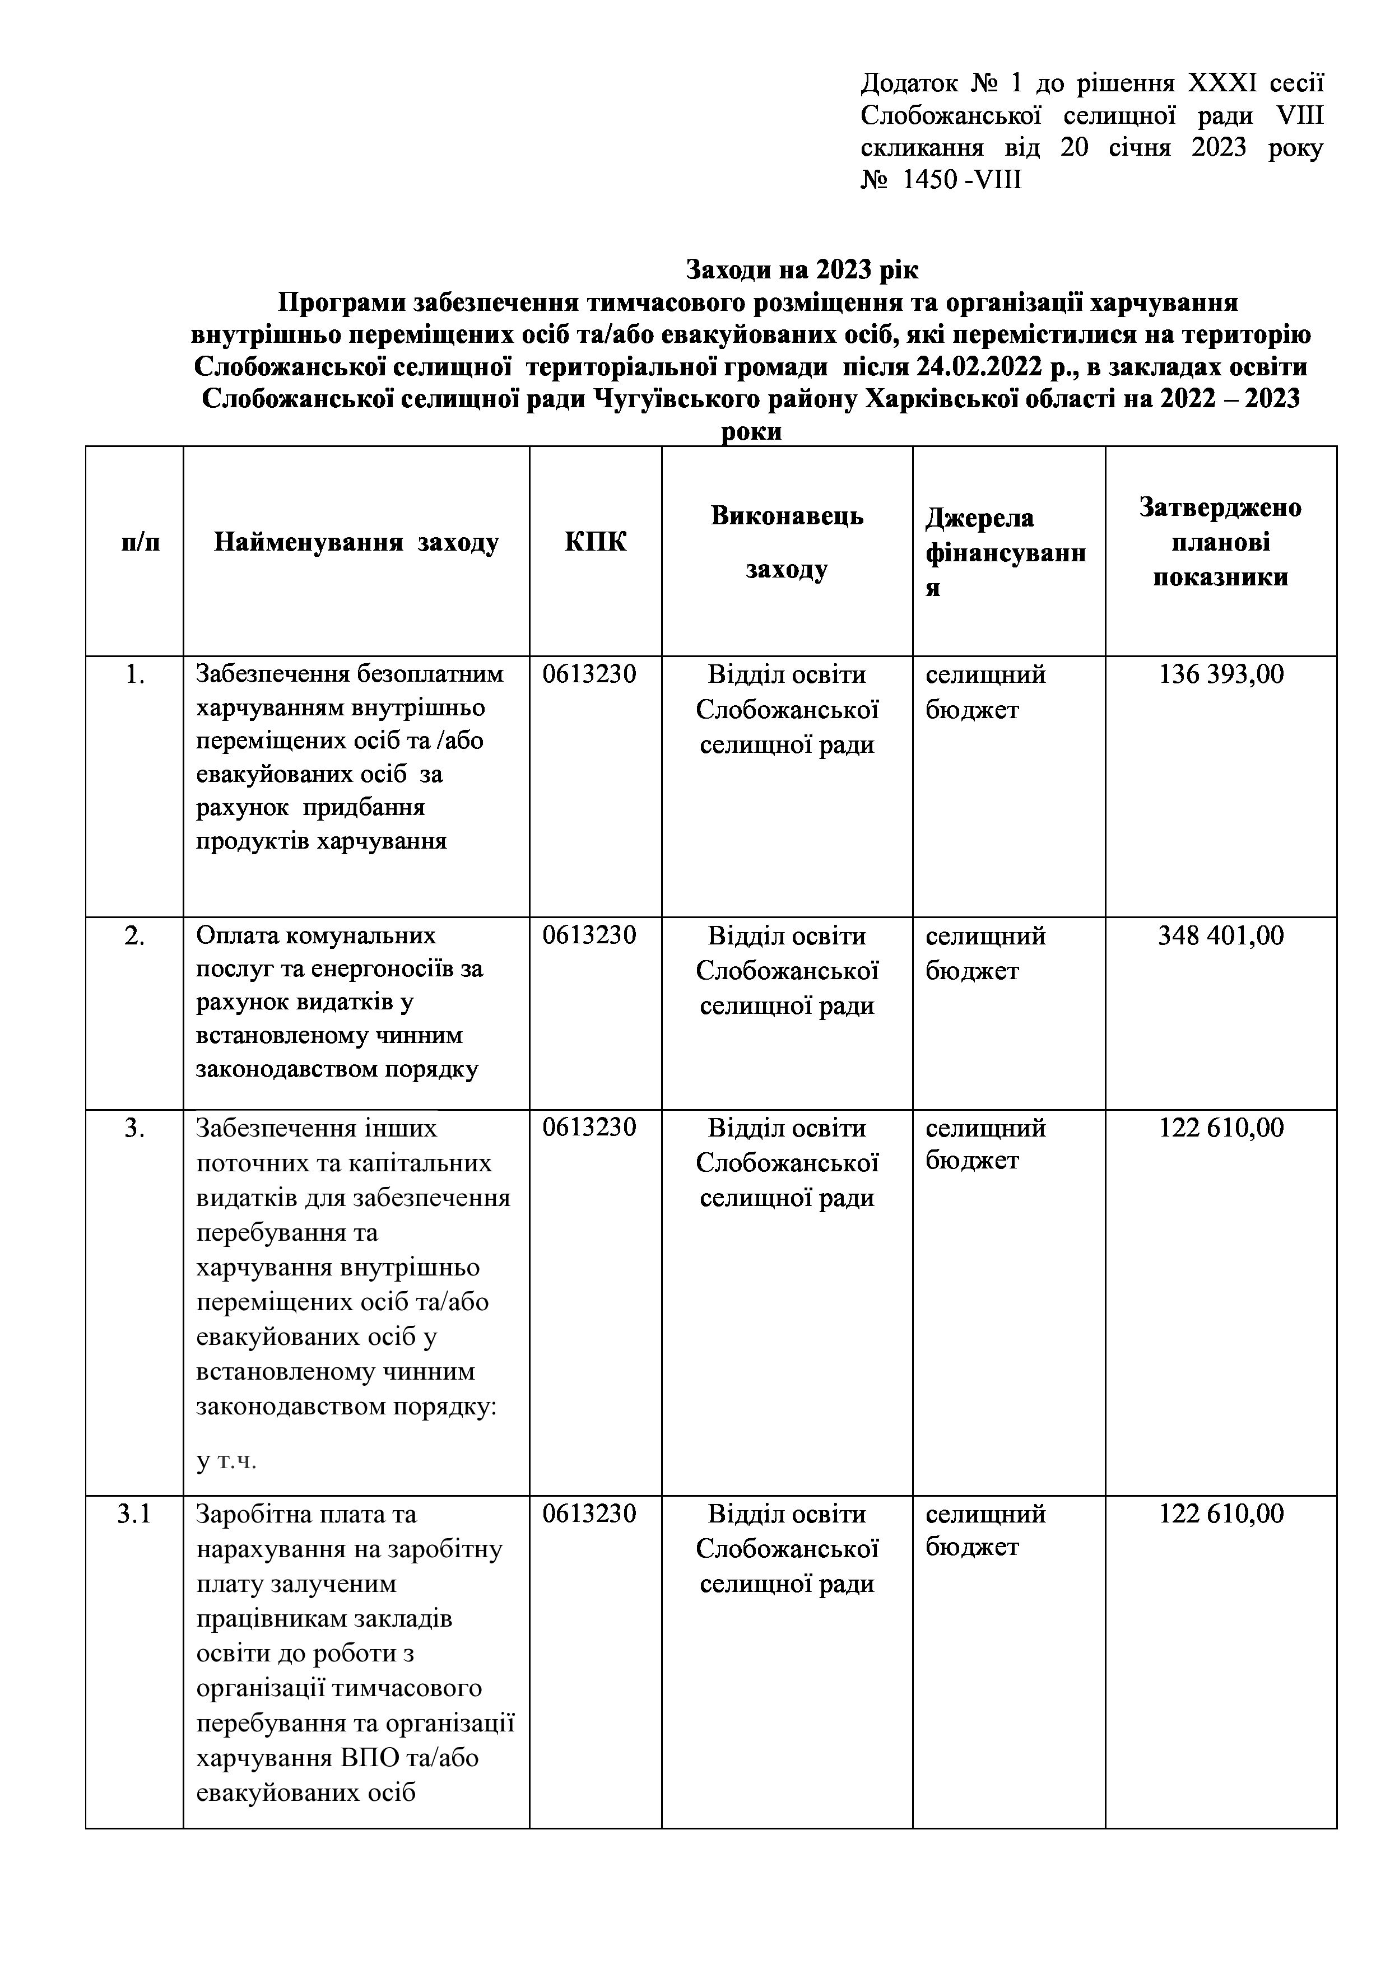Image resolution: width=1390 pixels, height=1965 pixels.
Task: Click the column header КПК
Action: coord(595,542)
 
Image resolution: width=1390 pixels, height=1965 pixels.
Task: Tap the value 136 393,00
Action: coord(1221,674)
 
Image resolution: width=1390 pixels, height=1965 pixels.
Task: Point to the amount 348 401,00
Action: coord(1221,935)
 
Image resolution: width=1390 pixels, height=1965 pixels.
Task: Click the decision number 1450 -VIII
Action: coord(959,180)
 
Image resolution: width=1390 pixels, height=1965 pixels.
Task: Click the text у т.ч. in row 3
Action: coord(227,1460)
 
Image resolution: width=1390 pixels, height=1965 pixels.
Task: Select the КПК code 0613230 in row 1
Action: coord(589,674)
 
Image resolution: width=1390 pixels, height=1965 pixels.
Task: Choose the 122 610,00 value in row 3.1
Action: coord(1221,1514)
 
